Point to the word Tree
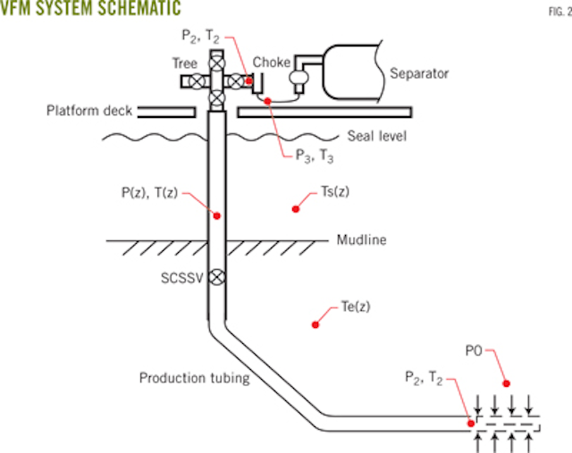tap(186, 63)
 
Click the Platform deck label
tap(89, 112)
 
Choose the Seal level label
tap(377, 137)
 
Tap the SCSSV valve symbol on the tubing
tap(215, 278)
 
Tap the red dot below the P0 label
tap(507, 383)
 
